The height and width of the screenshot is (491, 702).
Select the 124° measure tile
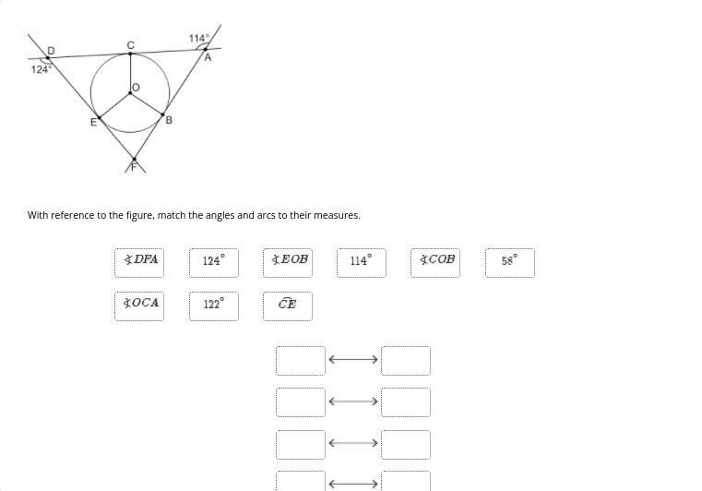pos(213,262)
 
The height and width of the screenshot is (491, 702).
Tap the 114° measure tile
pos(361,262)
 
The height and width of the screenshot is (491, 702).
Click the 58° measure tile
pos(509,262)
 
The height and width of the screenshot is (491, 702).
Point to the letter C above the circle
pos(130,44)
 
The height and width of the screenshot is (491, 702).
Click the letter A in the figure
pos(208,57)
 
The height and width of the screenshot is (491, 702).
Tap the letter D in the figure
pos(51,50)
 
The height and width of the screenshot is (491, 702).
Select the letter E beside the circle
pos(92,123)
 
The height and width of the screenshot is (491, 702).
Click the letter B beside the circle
pos(168,120)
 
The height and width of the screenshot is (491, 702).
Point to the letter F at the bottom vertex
pos(134,167)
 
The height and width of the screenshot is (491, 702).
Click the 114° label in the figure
pos(198,38)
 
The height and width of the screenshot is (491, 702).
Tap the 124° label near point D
pos(41,69)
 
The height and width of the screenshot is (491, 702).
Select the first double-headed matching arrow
pos(353,360)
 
